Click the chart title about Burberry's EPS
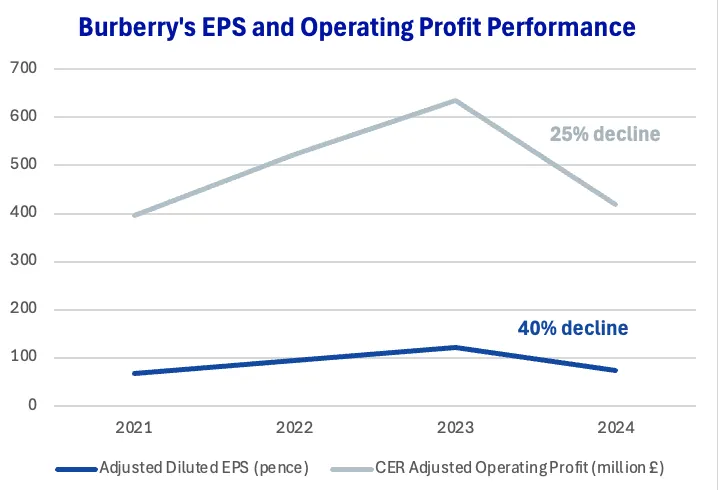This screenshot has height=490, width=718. point(358,27)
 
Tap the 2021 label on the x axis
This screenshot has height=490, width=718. point(133,428)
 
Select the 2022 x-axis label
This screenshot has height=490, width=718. point(294,428)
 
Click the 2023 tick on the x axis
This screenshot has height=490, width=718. point(456,428)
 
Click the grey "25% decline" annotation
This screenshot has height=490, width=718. point(605,133)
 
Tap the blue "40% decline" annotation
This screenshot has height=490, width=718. point(573,327)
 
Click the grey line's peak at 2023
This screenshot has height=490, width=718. point(456,100)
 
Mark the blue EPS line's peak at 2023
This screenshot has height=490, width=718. point(456,347)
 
